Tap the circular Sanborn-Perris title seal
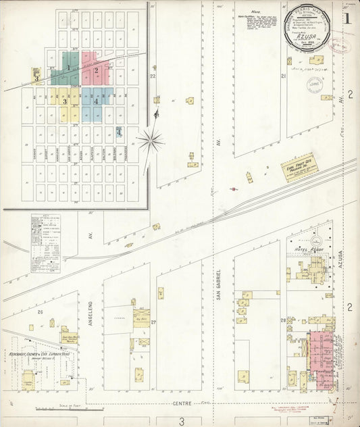coord(307,32)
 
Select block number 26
coord(40,311)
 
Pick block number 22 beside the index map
coord(153,76)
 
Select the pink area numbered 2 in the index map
coord(96,70)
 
